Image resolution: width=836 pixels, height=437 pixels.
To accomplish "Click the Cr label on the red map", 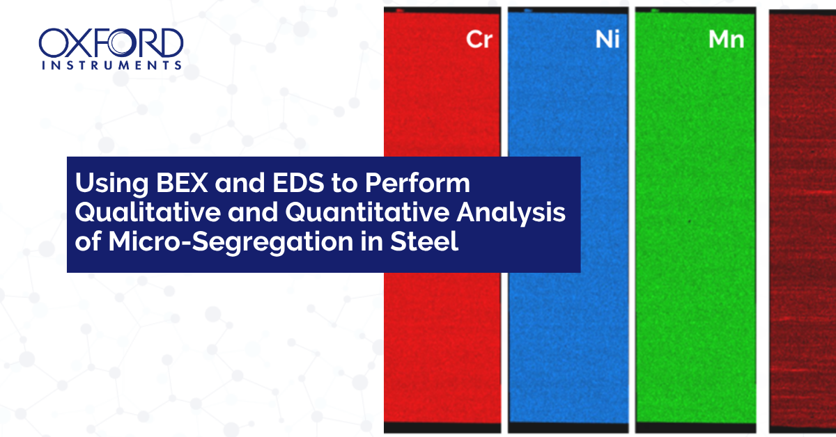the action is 479,39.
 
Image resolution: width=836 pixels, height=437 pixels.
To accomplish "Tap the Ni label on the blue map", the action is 607,39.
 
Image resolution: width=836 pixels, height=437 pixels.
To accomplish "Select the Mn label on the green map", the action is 726,39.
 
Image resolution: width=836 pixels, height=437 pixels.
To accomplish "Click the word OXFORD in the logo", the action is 111,43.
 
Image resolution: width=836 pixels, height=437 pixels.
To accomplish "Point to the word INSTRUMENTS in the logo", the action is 111,65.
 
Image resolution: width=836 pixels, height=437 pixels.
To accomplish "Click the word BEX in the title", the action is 182,183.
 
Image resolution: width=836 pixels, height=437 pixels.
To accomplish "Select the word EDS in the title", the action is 298,183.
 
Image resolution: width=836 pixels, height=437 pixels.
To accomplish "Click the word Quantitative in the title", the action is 367,212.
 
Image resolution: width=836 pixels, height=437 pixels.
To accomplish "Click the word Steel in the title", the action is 424,241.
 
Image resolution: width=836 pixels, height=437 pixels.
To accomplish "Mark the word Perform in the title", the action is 417,183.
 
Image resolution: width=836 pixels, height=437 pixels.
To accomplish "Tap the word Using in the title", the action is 111,184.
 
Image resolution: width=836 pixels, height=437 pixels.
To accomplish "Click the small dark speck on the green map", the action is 689,222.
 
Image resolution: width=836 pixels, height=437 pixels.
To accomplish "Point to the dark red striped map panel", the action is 803,220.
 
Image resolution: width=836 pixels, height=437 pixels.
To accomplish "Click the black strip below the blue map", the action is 568,428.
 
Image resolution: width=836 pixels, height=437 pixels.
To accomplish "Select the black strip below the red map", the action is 442,428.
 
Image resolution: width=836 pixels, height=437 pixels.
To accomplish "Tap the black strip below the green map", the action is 696,428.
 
